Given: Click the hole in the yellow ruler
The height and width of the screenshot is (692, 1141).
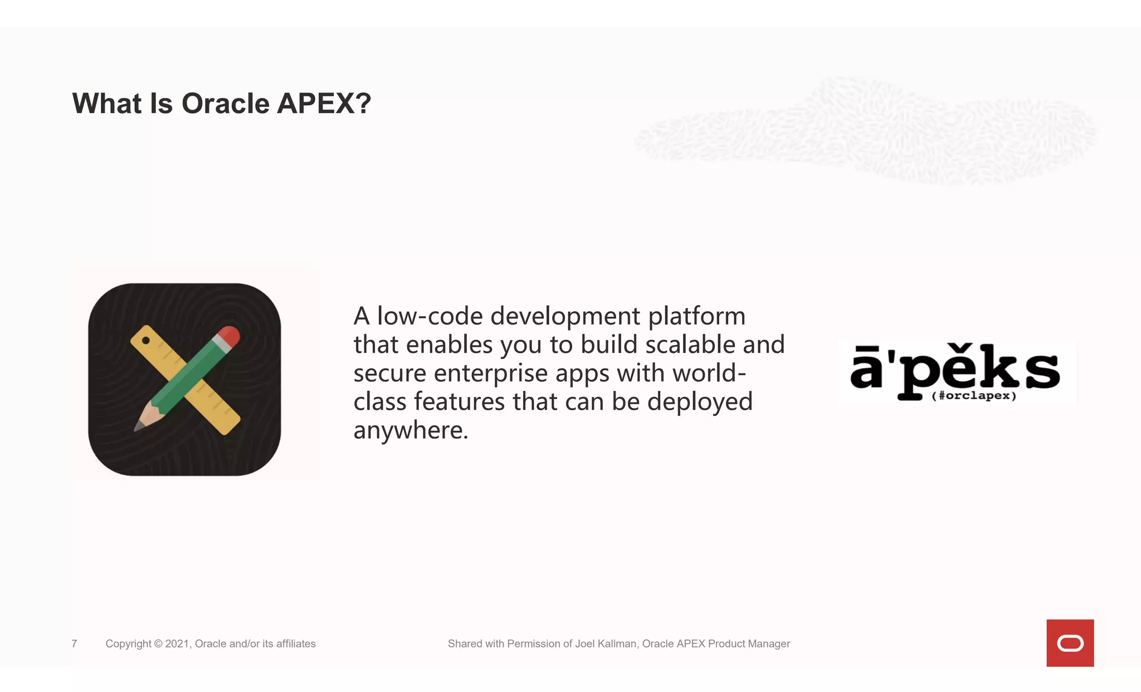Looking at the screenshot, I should click(x=146, y=340).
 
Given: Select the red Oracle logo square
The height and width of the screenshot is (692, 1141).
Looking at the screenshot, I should click(x=1070, y=643).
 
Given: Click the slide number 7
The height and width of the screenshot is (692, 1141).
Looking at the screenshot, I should click(x=74, y=644).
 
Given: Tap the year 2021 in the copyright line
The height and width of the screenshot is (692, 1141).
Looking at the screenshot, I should click(x=178, y=644).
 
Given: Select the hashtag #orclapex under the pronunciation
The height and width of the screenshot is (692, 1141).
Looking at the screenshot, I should click(x=974, y=396).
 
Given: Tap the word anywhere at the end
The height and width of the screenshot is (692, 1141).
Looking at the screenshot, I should click(x=410, y=430).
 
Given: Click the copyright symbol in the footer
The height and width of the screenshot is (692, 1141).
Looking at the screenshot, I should click(x=158, y=644).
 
